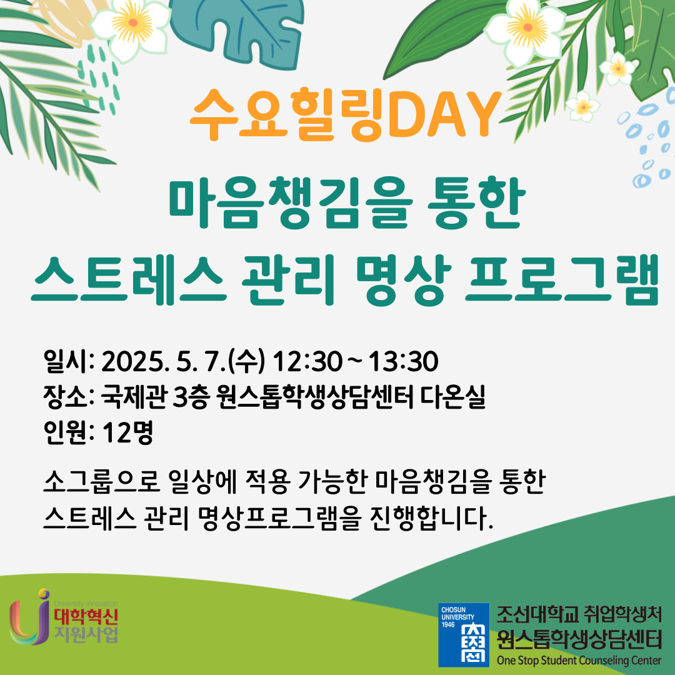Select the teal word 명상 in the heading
pyautogui.click(x=403, y=280)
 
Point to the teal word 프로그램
pyautogui.click(x=562, y=280)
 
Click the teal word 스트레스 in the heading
pyautogui.click(x=128, y=280)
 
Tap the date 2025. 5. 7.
pyautogui.click(x=164, y=362)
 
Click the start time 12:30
pyautogui.click(x=307, y=362)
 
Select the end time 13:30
pyautogui.click(x=403, y=362)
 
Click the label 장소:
pyautogui.click(x=69, y=397)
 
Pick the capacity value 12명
pyautogui.click(x=128, y=432)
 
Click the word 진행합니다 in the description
pyautogui.click(x=431, y=518)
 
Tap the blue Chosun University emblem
pyautogui.click(x=464, y=634)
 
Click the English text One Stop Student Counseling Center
pyautogui.click(x=579, y=660)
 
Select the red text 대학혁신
pyautogui.click(x=86, y=617)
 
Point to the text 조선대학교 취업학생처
pyautogui.click(x=579, y=614)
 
